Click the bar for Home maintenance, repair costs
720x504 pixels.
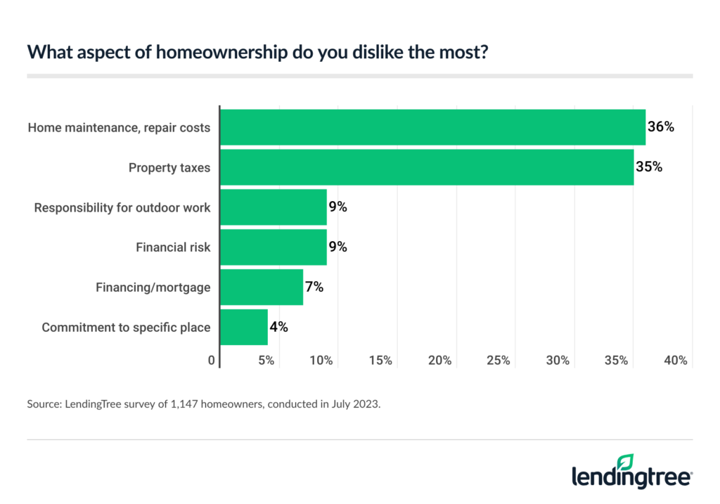(x=432, y=127)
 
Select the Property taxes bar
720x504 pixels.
(x=427, y=167)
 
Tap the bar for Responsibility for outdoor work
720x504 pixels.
(x=274, y=207)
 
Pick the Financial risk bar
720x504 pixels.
(x=274, y=247)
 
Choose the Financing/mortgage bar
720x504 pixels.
(x=262, y=287)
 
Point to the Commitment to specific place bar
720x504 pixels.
(x=244, y=327)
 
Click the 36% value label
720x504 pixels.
(x=661, y=127)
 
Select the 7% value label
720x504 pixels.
(x=314, y=287)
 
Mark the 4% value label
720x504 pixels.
(x=278, y=327)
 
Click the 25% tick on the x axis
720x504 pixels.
(x=498, y=361)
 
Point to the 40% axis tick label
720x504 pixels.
(x=676, y=361)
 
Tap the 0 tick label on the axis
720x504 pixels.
(x=212, y=361)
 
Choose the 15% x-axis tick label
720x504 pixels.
(x=380, y=361)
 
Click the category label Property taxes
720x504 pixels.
(x=169, y=167)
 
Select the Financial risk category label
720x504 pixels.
(x=173, y=247)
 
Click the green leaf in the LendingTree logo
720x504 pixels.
(x=624, y=461)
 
